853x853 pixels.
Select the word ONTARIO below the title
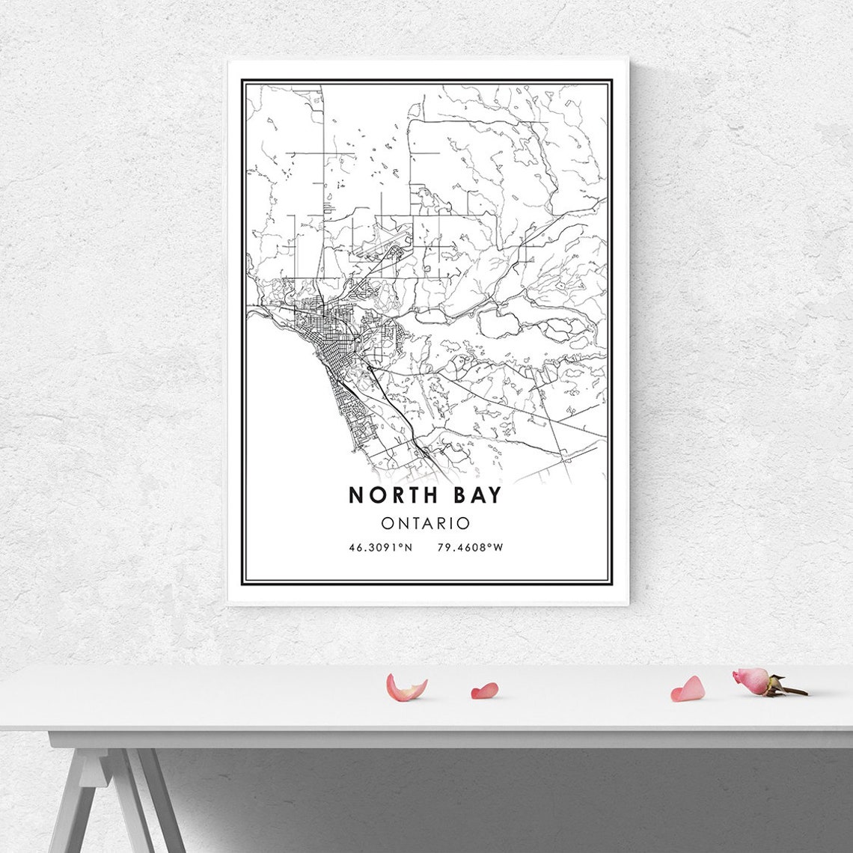coord(425,522)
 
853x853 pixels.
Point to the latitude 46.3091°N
coord(380,548)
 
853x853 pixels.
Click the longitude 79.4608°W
coord(470,548)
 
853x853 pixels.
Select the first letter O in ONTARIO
coord(387,522)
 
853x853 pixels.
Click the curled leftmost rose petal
coord(405,688)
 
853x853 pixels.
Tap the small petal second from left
coord(484,691)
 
